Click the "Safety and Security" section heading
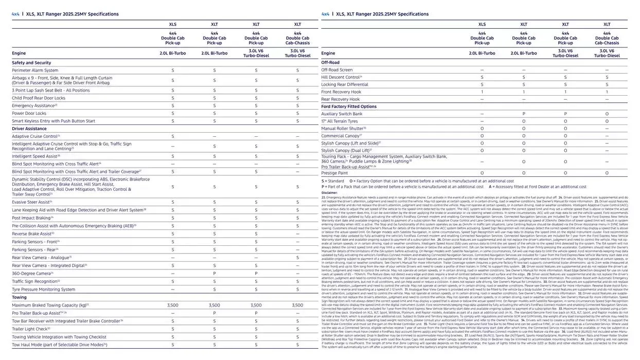[31, 63]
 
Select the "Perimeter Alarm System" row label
[35, 70]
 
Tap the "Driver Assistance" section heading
[29, 129]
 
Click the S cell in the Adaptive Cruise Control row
[172, 136]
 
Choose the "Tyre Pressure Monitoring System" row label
[43, 290]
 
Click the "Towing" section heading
[19, 297]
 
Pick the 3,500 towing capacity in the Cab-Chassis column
[297, 305]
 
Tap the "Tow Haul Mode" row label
[59, 345]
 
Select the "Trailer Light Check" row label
[31, 329]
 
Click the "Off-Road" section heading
[330, 62]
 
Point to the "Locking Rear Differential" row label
[345, 84]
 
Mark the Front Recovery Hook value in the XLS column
[482, 92]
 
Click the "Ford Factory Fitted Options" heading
[349, 106]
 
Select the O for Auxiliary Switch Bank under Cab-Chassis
[607, 114]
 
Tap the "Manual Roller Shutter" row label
[343, 129]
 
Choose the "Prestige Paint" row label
[334, 173]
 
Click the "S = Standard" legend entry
[333, 181]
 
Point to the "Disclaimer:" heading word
[329, 193]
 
